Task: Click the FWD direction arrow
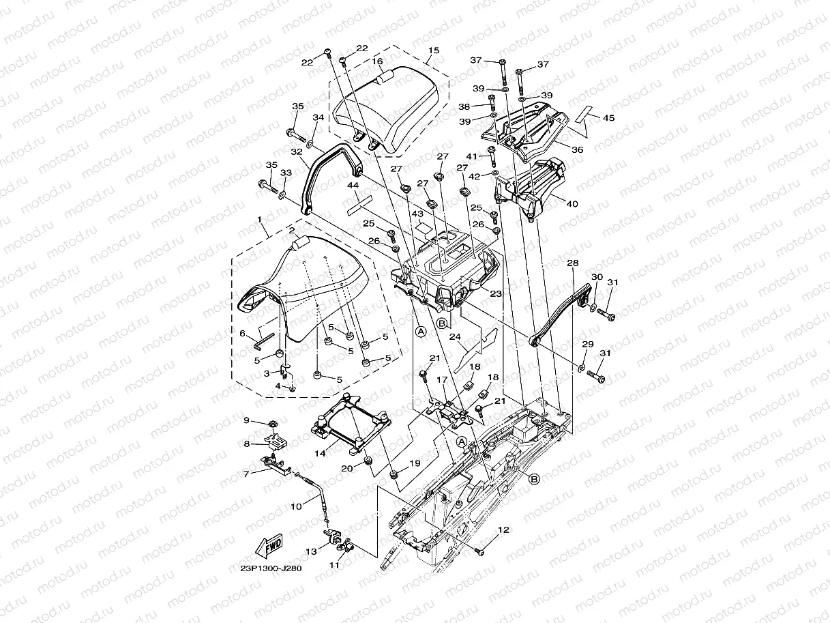269,546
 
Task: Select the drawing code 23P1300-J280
271,568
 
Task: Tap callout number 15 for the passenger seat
434,50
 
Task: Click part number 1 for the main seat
260,219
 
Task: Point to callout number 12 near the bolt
503,530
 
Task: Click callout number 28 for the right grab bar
572,263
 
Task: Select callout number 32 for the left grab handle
296,151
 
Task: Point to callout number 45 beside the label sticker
609,117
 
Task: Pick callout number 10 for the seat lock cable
295,506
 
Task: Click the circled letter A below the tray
421,332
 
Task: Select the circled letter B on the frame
534,479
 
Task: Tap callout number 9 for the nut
247,420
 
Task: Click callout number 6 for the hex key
242,333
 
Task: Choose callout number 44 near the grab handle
353,185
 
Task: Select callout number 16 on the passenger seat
377,61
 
